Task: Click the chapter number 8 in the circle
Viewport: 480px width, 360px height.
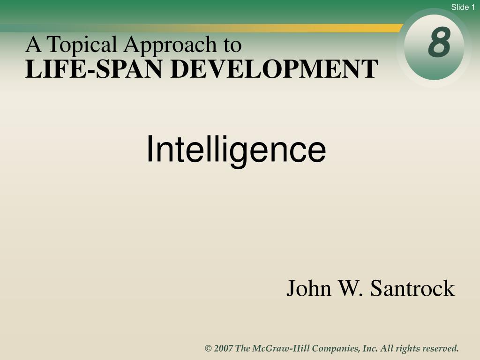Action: [x=439, y=42]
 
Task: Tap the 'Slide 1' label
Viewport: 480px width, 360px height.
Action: [x=463, y=7]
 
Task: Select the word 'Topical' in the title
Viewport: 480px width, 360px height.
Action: [x=82, y=45]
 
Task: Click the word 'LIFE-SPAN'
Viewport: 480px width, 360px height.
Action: [x=94, y=69]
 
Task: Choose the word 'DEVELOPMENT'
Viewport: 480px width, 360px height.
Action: [x=274, y=69]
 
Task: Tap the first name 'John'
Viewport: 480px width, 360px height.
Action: [x=308, y=288]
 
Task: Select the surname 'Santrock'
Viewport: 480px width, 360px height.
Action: [x=412, y=288]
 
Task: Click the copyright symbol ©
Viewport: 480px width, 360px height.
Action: [x=208, y=348]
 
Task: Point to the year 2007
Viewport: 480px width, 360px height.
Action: [x=224, y=348]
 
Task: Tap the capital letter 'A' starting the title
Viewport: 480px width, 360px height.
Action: [x=33, y=45]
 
